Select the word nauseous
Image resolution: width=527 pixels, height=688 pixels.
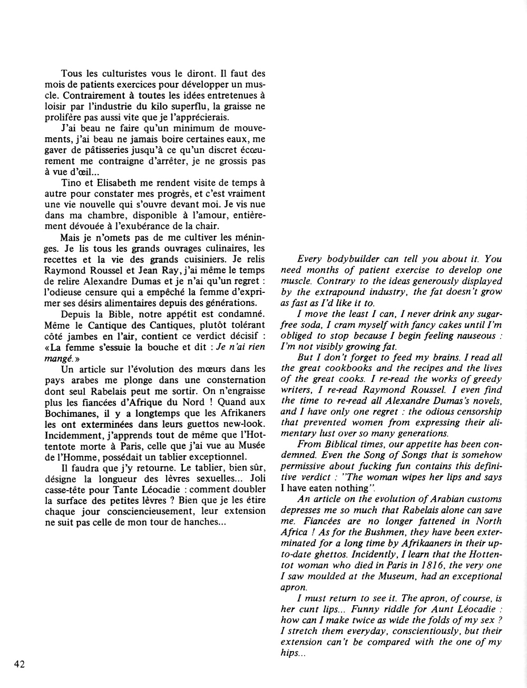(x=473, y=336)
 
